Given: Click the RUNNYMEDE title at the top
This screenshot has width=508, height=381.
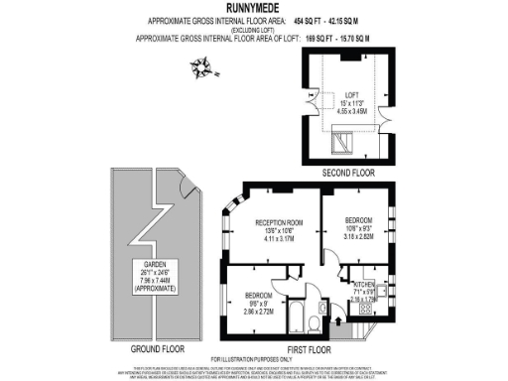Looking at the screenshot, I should (253, 8).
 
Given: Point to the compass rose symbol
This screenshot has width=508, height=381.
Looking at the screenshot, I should (203, 67).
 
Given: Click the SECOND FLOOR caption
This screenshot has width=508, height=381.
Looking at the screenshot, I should (347, 172).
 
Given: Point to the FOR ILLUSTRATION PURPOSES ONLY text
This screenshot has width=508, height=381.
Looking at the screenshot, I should (253, 358).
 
